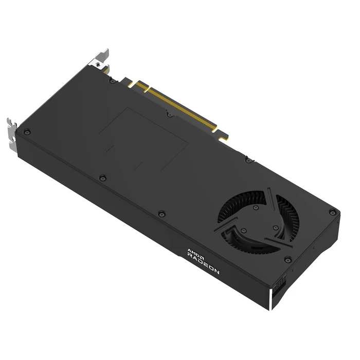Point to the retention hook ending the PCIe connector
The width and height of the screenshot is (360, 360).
coord(224,136)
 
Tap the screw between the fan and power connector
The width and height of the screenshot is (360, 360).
coord(288,259)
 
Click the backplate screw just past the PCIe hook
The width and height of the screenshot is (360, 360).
coord(248,160)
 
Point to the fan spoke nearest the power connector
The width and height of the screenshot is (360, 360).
coord(278,238)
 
